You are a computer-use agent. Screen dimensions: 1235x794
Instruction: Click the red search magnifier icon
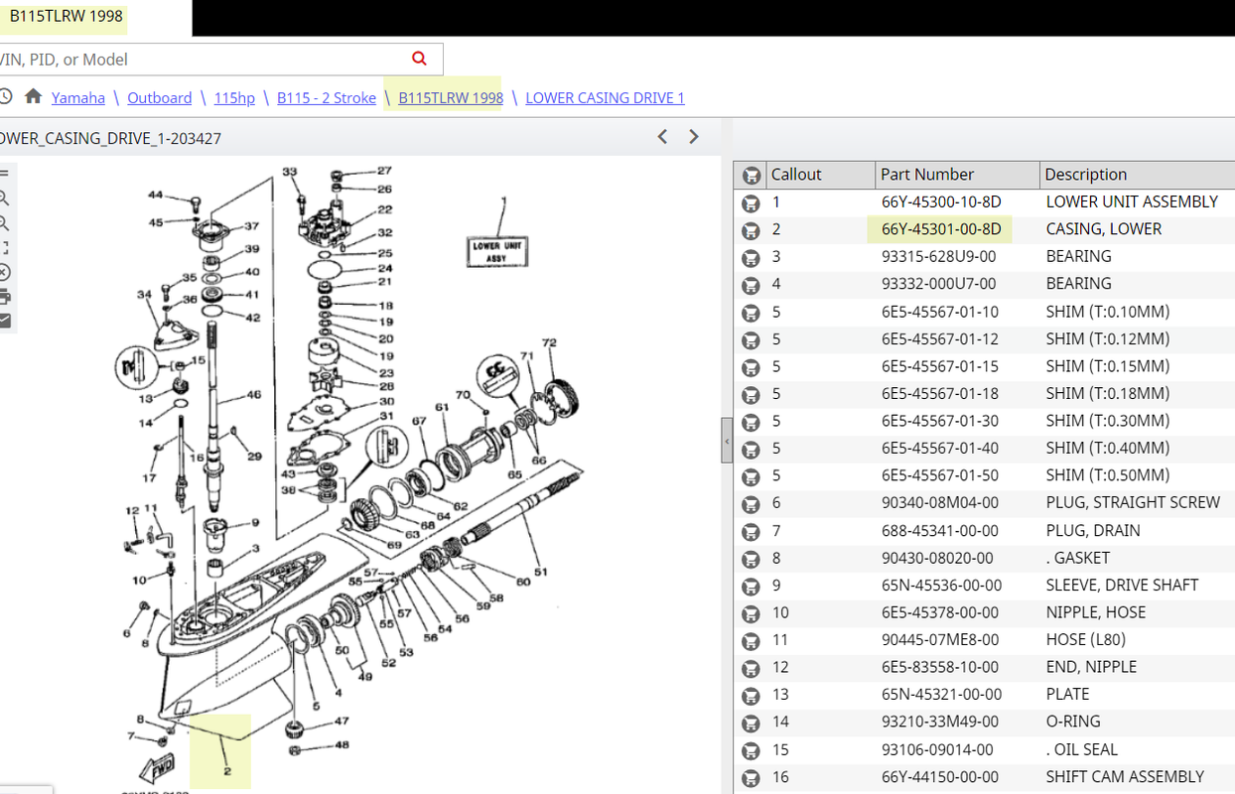(419, 59)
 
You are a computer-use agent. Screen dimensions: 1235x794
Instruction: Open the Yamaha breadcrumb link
(77, 98)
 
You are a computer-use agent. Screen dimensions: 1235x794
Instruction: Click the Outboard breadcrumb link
(159, 98)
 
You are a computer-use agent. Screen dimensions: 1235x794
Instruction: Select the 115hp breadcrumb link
(234, 98)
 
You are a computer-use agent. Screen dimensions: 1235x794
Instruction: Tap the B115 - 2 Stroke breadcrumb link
(327, 98)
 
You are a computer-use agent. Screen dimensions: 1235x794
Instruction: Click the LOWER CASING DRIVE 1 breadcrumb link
(605, 98)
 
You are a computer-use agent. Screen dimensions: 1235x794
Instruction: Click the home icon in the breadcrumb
(33, 96)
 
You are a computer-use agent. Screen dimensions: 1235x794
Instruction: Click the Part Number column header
(927, 175)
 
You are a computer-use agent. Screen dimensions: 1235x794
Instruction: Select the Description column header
(1085, 175)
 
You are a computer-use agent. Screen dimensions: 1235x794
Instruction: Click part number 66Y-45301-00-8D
(941, 229)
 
